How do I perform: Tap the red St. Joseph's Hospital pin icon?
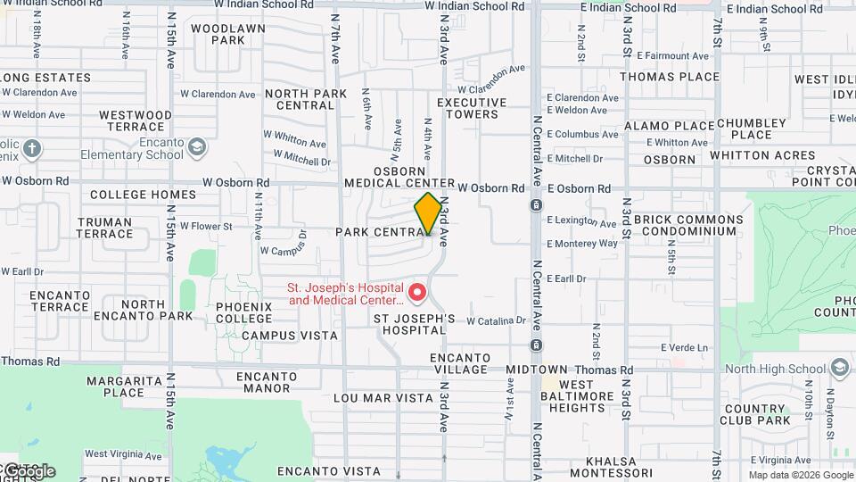(x=416, y=292)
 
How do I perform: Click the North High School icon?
(x=839, y=369)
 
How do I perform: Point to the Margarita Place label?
(x=115, y=386)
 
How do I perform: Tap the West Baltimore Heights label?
(x=576, y=396)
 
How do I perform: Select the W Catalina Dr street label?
(x=497, y=320)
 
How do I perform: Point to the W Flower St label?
(x=206, y=227)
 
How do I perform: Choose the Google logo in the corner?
(x=29, y=470)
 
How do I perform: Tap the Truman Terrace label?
(x=104, y=228)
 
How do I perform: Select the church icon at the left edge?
(x=32, y=148)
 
